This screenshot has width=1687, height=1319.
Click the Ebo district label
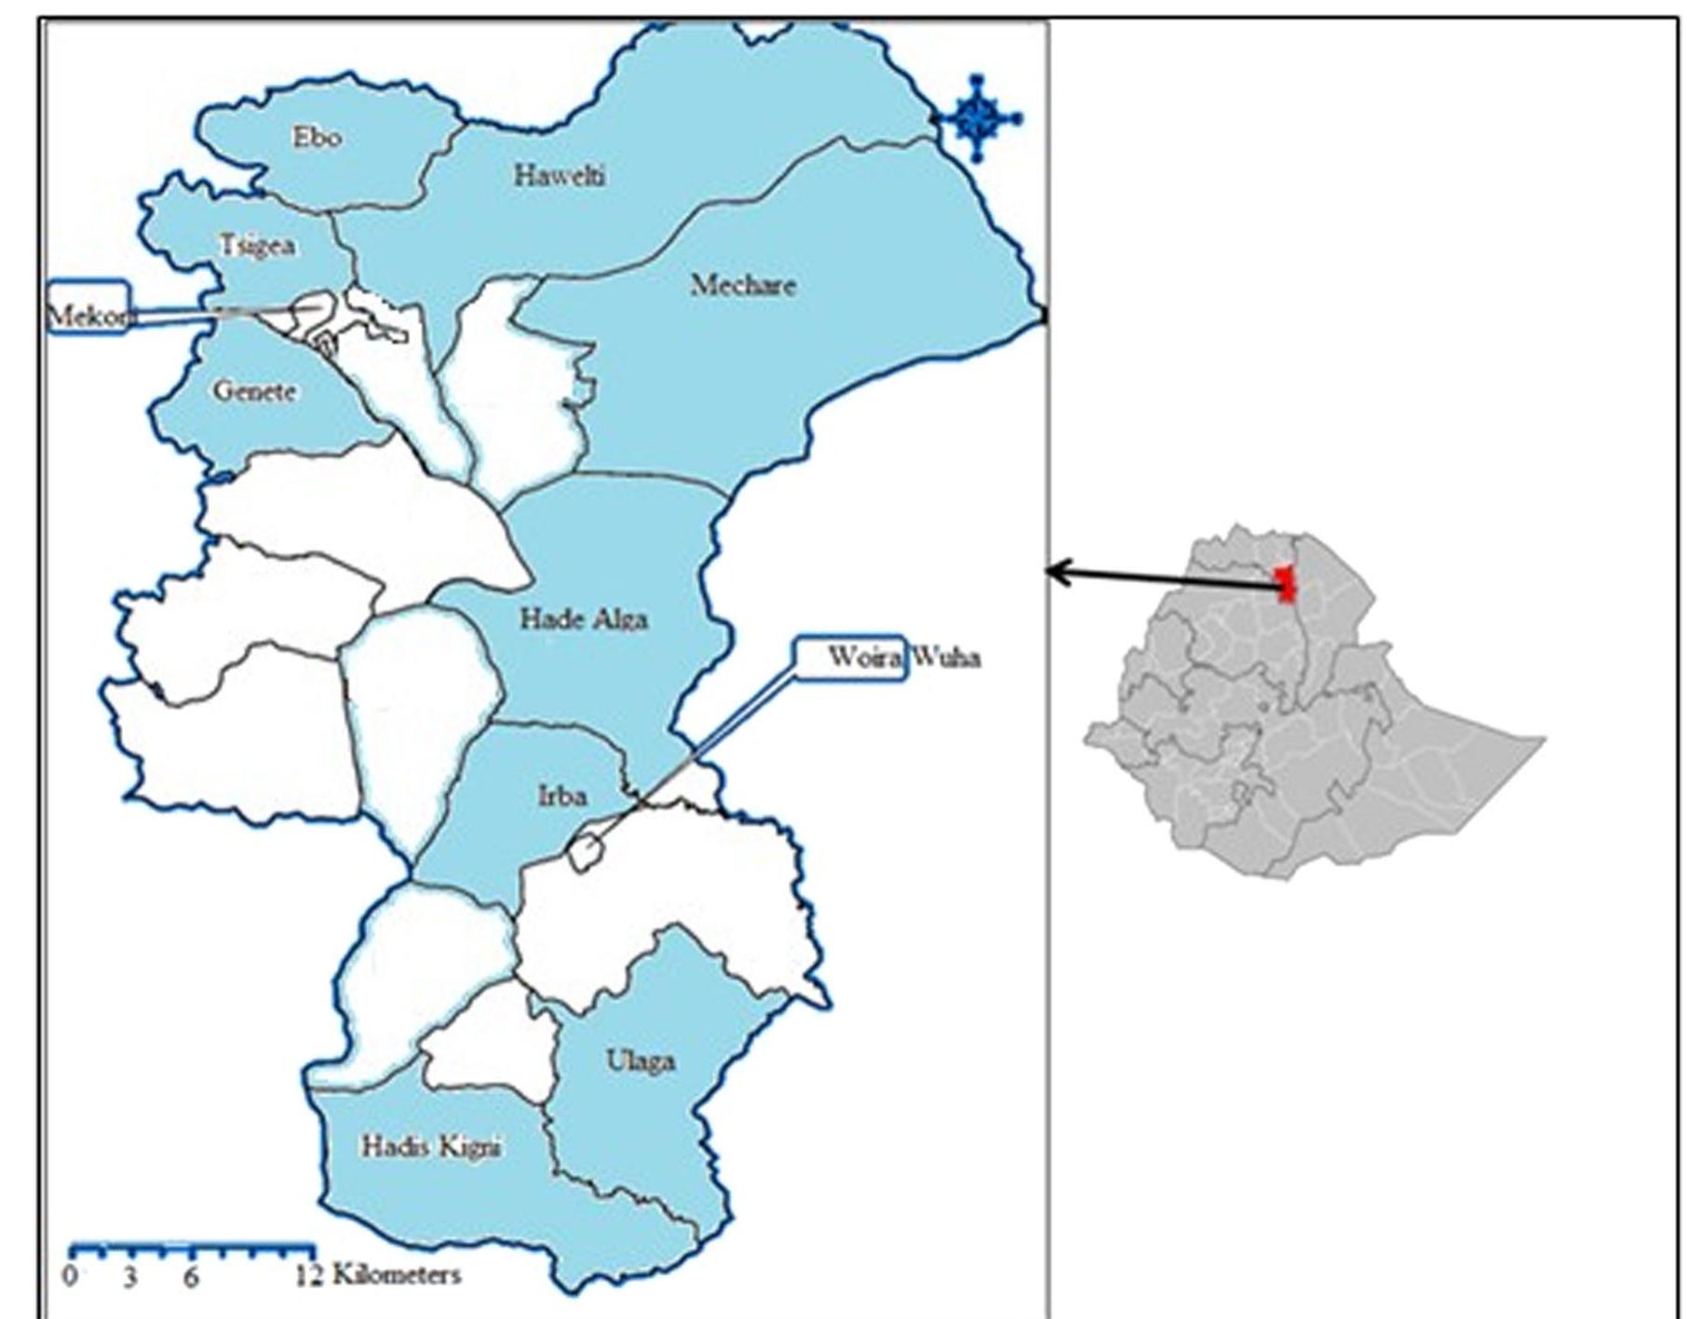[317, 138]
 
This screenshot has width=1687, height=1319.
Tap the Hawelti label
[560, 175]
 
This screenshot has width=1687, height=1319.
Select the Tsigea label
[258, 246]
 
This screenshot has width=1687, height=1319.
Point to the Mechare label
[743, 285]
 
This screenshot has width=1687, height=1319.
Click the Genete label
[255, 391]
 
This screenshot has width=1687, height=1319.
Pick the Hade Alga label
[584, 619]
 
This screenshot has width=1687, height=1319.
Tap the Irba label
[562, 796]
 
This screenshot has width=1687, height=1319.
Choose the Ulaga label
[641, 1061]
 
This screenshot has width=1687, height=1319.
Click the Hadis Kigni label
[431, 1147]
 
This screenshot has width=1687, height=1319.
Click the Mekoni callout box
[88, 307]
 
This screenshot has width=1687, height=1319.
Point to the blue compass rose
[977, 118]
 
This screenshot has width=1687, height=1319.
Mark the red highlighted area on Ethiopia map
[1286, 584]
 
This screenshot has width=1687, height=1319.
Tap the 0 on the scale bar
[72, 1275]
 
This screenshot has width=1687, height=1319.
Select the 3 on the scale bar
[130, 1276]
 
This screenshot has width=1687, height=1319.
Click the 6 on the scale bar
[190, 1276]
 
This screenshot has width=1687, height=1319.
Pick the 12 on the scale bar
[309, 1276]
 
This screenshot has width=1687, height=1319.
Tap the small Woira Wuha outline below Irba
[585, 853]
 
